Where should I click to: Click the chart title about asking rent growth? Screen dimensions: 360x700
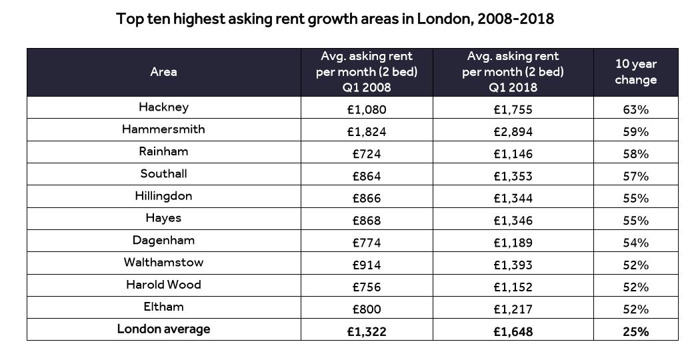pyautogui.click(x=335, y=19)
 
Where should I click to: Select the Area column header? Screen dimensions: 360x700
pyautogui.click(x=163, y=72)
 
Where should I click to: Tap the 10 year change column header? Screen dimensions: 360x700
pyautogui.click(x=635, y=72)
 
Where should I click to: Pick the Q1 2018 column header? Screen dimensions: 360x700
pyautogui.click(x=513, y=72)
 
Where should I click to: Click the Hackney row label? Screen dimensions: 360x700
pyautogui.click(x=163, y=107)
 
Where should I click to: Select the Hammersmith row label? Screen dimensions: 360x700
pyautogui.click(x=163, y=129)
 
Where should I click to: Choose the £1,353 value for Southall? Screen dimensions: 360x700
pyautogui.click(x=513, y=176)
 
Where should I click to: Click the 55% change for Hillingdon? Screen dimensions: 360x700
pyautogui.click(x=635, y=199)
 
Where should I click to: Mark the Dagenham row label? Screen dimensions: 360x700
pyautogui.click(x=163, y=240)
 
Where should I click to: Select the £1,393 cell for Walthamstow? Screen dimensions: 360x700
pyautogui.click(x=513, y=265)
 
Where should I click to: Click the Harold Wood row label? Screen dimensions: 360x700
pyautogui.click(x=163, y=285)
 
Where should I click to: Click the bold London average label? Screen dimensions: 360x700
pyautogui.click(x=163, y=329)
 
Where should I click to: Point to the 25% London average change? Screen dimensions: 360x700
pyautogui.click(x=635, y=331)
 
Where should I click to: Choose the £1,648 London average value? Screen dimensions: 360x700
pyautogui.click(x=513, y=331)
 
